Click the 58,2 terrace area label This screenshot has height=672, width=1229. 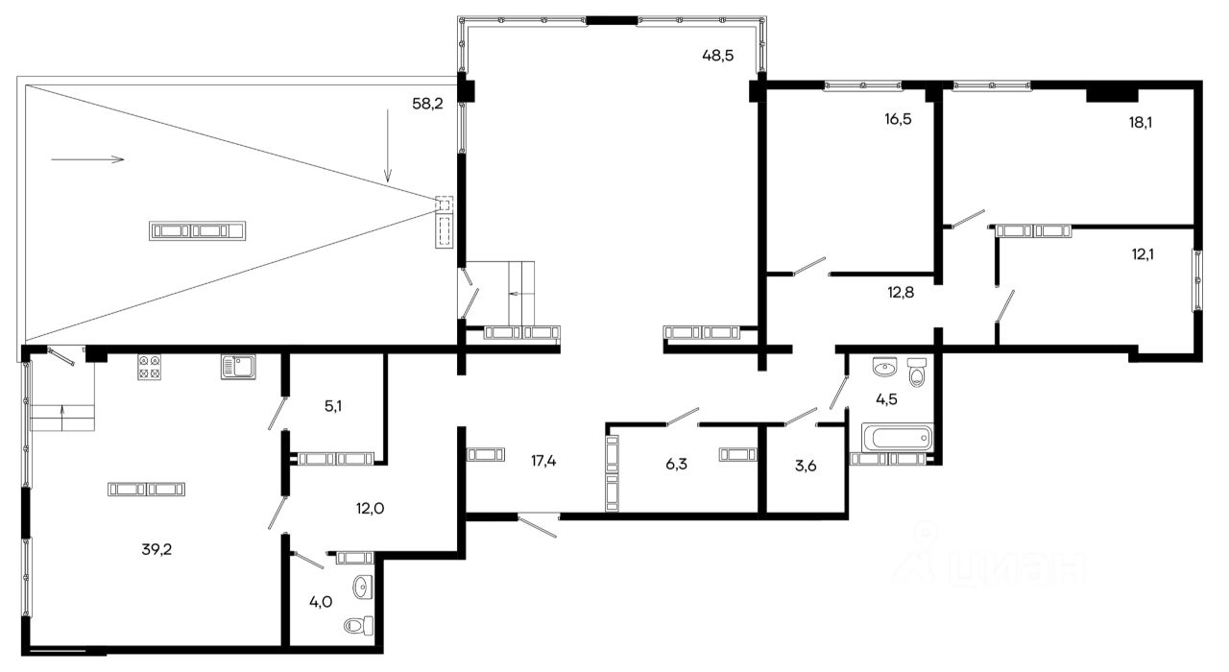(x=427, y=103)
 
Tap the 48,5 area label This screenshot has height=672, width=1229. (x=717, y=56)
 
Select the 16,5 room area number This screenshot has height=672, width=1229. (x=898, y=119)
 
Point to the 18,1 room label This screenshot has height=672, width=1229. (x=1140, y=122)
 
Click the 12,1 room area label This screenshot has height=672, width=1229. (x=1143, y=254)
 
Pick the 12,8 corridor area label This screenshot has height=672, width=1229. (x=901, y=293)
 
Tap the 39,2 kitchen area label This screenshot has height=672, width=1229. (x=157, y=549)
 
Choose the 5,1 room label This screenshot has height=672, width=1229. (x=333, y=406)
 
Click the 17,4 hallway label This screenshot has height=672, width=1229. (x=543, y=461)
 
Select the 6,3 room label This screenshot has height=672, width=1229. (x=676, y=464)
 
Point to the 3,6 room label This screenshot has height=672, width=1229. (x=806, y=467)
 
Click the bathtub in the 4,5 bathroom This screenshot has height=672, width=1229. (x=897, y=438)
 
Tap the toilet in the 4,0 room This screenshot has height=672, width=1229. (x=359, y=625)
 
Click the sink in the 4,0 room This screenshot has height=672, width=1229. (x=362, y=587)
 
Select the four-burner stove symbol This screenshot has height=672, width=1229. (x=149, y=367)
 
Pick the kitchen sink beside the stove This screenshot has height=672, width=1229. (x=239, y=367)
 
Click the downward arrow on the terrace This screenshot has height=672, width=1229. (x=388, y=145)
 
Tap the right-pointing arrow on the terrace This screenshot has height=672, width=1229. (x=87, y=159)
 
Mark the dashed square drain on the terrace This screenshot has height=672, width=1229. (x=445, y=204)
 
